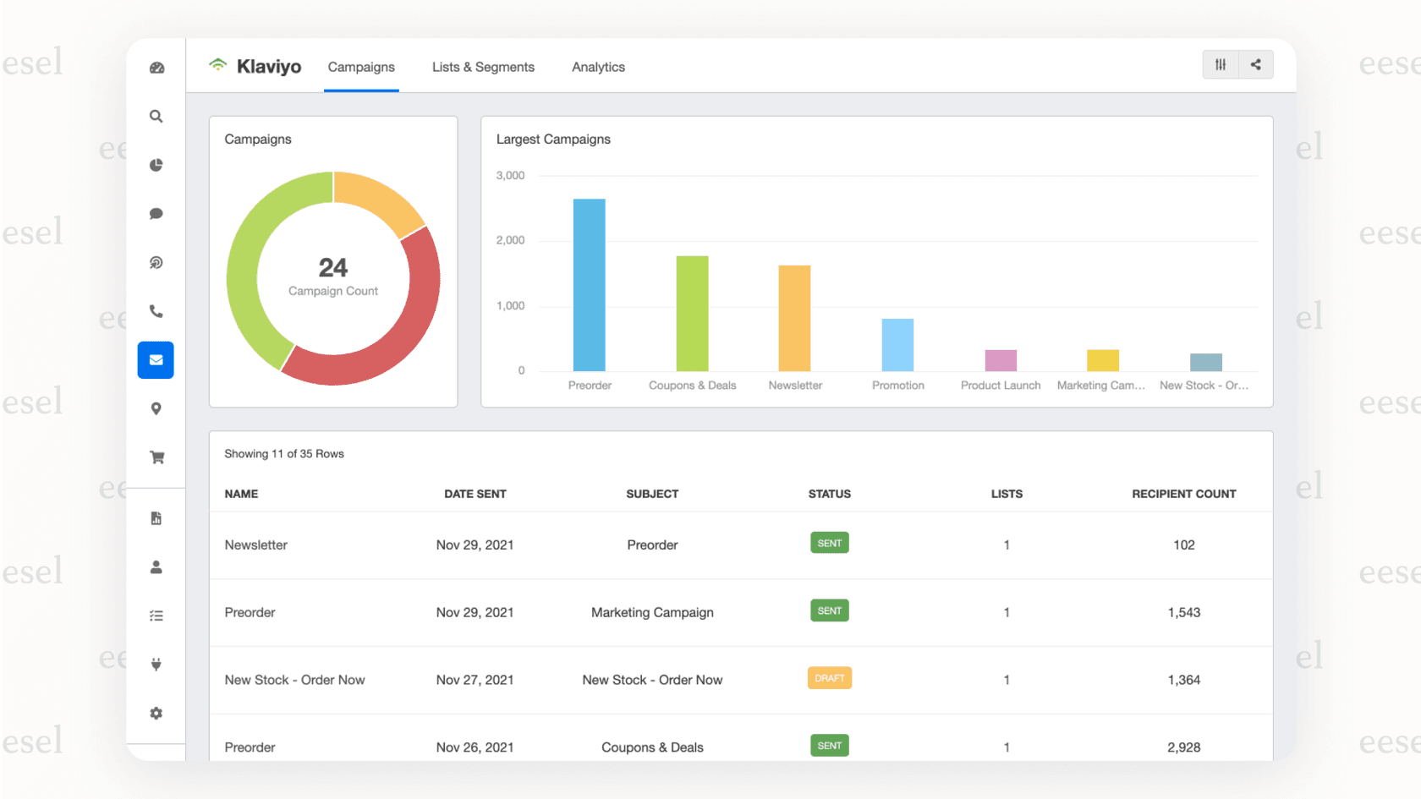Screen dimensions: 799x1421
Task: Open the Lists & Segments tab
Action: coord(483,67)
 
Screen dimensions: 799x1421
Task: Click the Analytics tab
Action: coord(598,67)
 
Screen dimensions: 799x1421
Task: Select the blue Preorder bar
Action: coord(590,286)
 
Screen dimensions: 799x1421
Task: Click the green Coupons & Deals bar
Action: coord(692,314)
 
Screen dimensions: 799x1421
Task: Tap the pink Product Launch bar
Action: coord(1001,360)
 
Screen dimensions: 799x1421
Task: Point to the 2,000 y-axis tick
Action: coord(510,240)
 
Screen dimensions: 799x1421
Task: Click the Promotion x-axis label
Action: coord(897,386)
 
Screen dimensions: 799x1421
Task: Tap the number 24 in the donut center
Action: coord(333,268)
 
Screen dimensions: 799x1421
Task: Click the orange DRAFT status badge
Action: coord(829,678)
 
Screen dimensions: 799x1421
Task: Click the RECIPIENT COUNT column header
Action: coord(1183,494)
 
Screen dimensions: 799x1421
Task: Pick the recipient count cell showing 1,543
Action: coord(1183,612)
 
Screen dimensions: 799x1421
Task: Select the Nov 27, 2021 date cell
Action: coord(475,680)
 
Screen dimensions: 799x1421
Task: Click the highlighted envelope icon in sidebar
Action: coord(156,360)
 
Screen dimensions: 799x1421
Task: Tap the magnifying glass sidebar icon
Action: coord(156,117)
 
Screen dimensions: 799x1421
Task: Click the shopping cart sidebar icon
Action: coord(156,457)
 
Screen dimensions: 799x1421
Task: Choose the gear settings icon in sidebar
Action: coord(156,714)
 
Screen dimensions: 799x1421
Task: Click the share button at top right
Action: coord(1255,65)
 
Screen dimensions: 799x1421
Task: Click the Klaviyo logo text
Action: coord(268,67)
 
